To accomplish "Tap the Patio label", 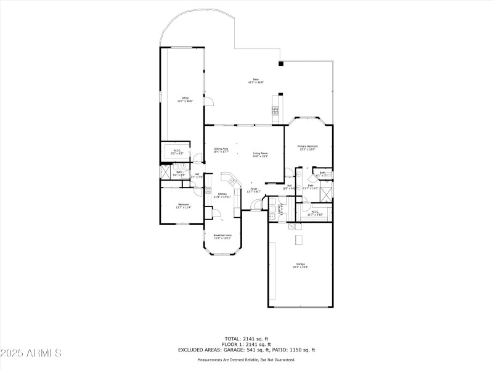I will coord(256,81).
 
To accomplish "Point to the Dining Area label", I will coord(221,150).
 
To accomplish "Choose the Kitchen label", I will coord(222,195).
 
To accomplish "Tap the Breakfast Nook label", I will coord(222,236).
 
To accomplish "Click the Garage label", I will coord(299,265).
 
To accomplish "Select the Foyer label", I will coord(253,191).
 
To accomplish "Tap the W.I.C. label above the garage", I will coord(314,213).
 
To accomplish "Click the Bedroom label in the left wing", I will coord(184,206).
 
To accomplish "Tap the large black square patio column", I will coord(280,63).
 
